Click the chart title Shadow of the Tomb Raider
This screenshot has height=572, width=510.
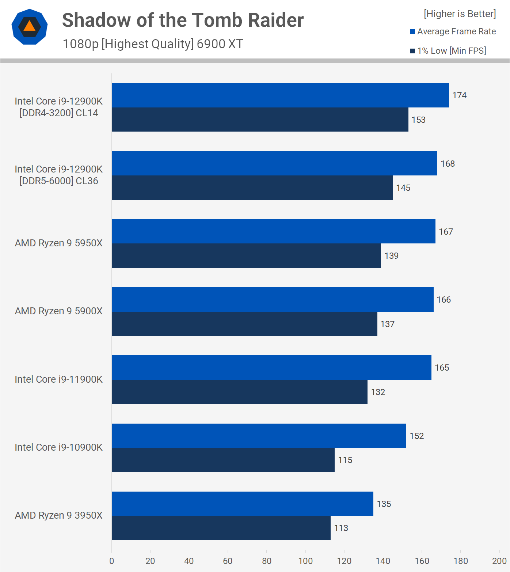(183, 20)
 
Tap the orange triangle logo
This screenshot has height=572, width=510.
(30, 27)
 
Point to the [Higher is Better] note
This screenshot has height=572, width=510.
(460, 14)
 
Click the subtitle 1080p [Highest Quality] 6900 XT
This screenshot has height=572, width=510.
(153, 44)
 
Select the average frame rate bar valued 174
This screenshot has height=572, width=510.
(280, 95)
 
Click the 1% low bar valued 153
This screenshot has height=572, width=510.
(260, 120)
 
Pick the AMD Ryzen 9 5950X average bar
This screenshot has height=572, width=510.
(273, 231)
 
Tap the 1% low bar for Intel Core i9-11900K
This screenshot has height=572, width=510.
(239, 392)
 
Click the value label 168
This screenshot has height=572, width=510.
(448, 164)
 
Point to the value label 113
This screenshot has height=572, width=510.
(341, 528)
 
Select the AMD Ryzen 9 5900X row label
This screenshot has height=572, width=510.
(58, 311)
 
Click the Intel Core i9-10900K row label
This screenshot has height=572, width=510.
(58, 447)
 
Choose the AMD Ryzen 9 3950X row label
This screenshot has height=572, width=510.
(58, 515)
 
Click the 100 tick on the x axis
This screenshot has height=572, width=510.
(305, 561)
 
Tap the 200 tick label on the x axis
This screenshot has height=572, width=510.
(499, 561)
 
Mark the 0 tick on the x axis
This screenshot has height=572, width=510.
(112, 561)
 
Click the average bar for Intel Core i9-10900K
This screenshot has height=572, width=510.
(259, 436)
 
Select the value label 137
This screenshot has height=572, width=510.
(387, 324)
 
